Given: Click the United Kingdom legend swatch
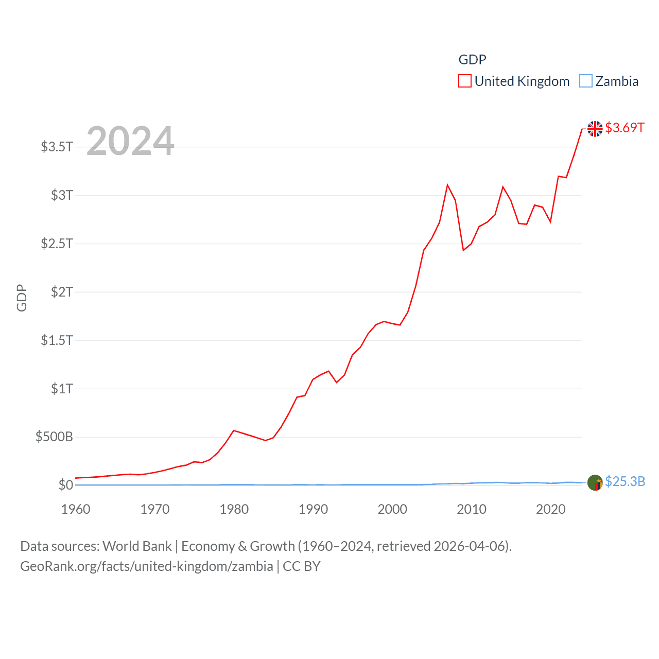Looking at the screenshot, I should [x=464, y=81].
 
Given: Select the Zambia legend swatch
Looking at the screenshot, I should [x=585, y=81].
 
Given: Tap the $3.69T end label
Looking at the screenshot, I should [x=625, y=128].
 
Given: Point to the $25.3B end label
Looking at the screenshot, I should [x=625, y=481].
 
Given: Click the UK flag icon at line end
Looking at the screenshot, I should [x=595, y=129].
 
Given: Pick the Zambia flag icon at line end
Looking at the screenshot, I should [x=595, y=483].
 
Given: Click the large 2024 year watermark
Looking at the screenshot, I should [x=130, y=141].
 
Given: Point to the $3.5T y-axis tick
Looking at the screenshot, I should [x=57, y=147].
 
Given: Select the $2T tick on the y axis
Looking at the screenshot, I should [x=62, y=292].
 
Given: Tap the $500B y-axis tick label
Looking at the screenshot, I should [x=54, y=437].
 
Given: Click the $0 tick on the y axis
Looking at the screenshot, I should [x=65, y=485].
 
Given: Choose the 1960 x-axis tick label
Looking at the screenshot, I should [x=76, y=509].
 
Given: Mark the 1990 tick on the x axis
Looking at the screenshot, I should [x=313, y=509].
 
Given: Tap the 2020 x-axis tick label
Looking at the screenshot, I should [x=550, y=509].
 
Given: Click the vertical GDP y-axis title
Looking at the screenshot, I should [x=22, y=298].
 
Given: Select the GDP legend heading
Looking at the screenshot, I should [x=472, y=60].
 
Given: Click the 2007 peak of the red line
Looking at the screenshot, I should [x=447, y=185].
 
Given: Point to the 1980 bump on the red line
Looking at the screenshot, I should [x=234, y=430].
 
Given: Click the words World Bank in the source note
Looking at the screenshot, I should [x=137, y=546].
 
